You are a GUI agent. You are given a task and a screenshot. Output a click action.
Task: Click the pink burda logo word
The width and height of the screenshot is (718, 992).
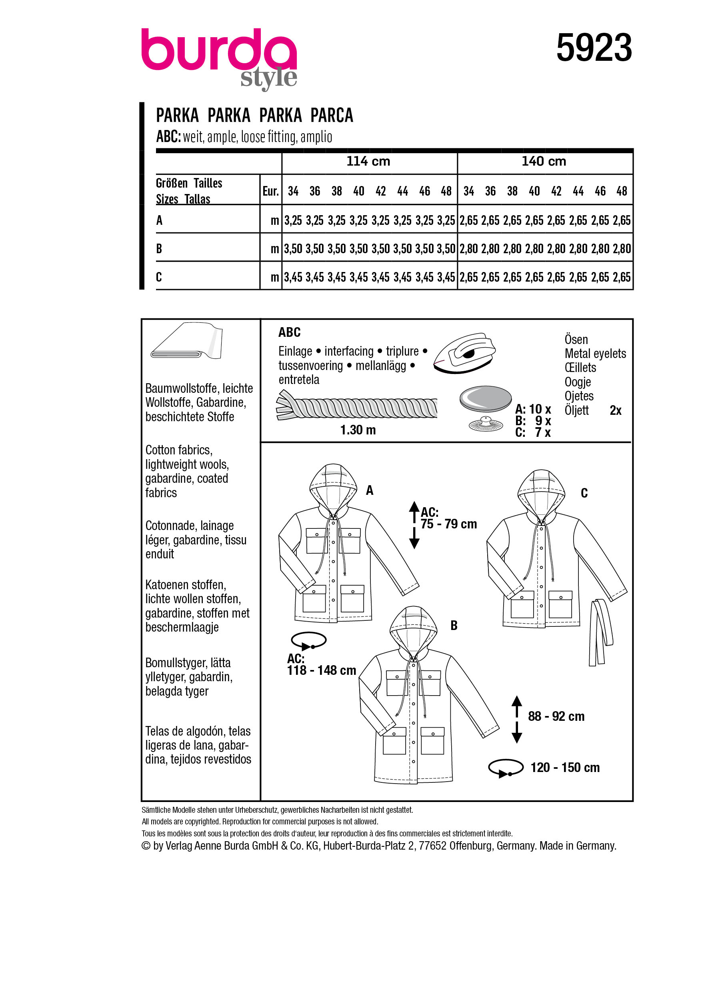point(219,50)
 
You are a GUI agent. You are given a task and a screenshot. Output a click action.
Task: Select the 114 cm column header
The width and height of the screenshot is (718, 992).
point(368,161)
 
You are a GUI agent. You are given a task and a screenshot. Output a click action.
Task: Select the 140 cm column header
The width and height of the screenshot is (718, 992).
point(544,161)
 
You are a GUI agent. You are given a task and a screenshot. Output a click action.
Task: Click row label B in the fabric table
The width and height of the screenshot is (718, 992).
point(159,248)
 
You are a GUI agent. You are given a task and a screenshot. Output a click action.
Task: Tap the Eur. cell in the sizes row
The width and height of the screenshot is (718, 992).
point(270,191)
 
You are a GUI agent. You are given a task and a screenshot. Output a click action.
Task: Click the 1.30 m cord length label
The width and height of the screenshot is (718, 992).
point(358,430)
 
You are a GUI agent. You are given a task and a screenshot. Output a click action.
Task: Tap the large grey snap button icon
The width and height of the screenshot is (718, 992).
point(485,398)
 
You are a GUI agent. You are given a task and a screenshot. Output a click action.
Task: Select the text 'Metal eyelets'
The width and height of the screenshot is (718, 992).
point(595,354)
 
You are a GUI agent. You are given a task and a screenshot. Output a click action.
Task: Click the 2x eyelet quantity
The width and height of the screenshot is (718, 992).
point(615,410)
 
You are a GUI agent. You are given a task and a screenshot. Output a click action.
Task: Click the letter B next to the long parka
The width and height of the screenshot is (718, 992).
point(454,626)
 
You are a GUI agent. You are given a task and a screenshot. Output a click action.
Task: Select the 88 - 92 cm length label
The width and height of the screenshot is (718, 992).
point(556,716)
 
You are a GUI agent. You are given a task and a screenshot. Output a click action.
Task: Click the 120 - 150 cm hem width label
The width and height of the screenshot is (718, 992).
point(564,767)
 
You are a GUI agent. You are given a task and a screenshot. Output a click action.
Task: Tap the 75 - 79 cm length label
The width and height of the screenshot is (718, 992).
point(448,524)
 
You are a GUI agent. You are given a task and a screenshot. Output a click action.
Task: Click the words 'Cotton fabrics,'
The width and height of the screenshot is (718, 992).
point(179,450)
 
